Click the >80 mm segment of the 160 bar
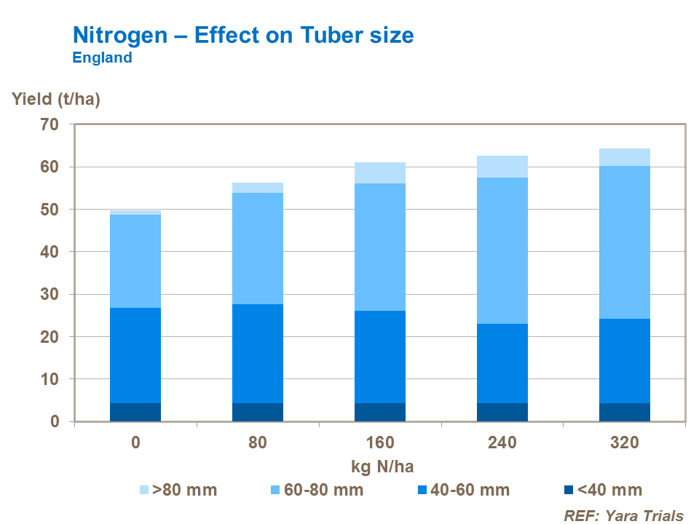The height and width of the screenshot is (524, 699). point(380,172)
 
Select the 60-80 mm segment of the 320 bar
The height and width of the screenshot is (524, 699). point(625,242)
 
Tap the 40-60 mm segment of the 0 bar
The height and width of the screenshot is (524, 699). point(135,355)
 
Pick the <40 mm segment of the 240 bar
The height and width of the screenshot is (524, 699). point(502,412)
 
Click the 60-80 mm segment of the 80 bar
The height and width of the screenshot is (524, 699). point(258,248)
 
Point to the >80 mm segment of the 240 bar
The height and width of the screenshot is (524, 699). point(502,167)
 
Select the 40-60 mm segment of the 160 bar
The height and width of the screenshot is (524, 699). point(380,357)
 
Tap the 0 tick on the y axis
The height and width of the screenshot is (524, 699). point(55,422)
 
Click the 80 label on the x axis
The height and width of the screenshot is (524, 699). point(258,442)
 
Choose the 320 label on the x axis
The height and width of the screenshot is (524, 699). point(625,442)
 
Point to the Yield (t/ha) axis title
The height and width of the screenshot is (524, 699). point(55,100)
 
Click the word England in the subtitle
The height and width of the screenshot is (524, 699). point(102,58)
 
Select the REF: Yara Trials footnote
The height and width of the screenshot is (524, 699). point(624,515)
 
